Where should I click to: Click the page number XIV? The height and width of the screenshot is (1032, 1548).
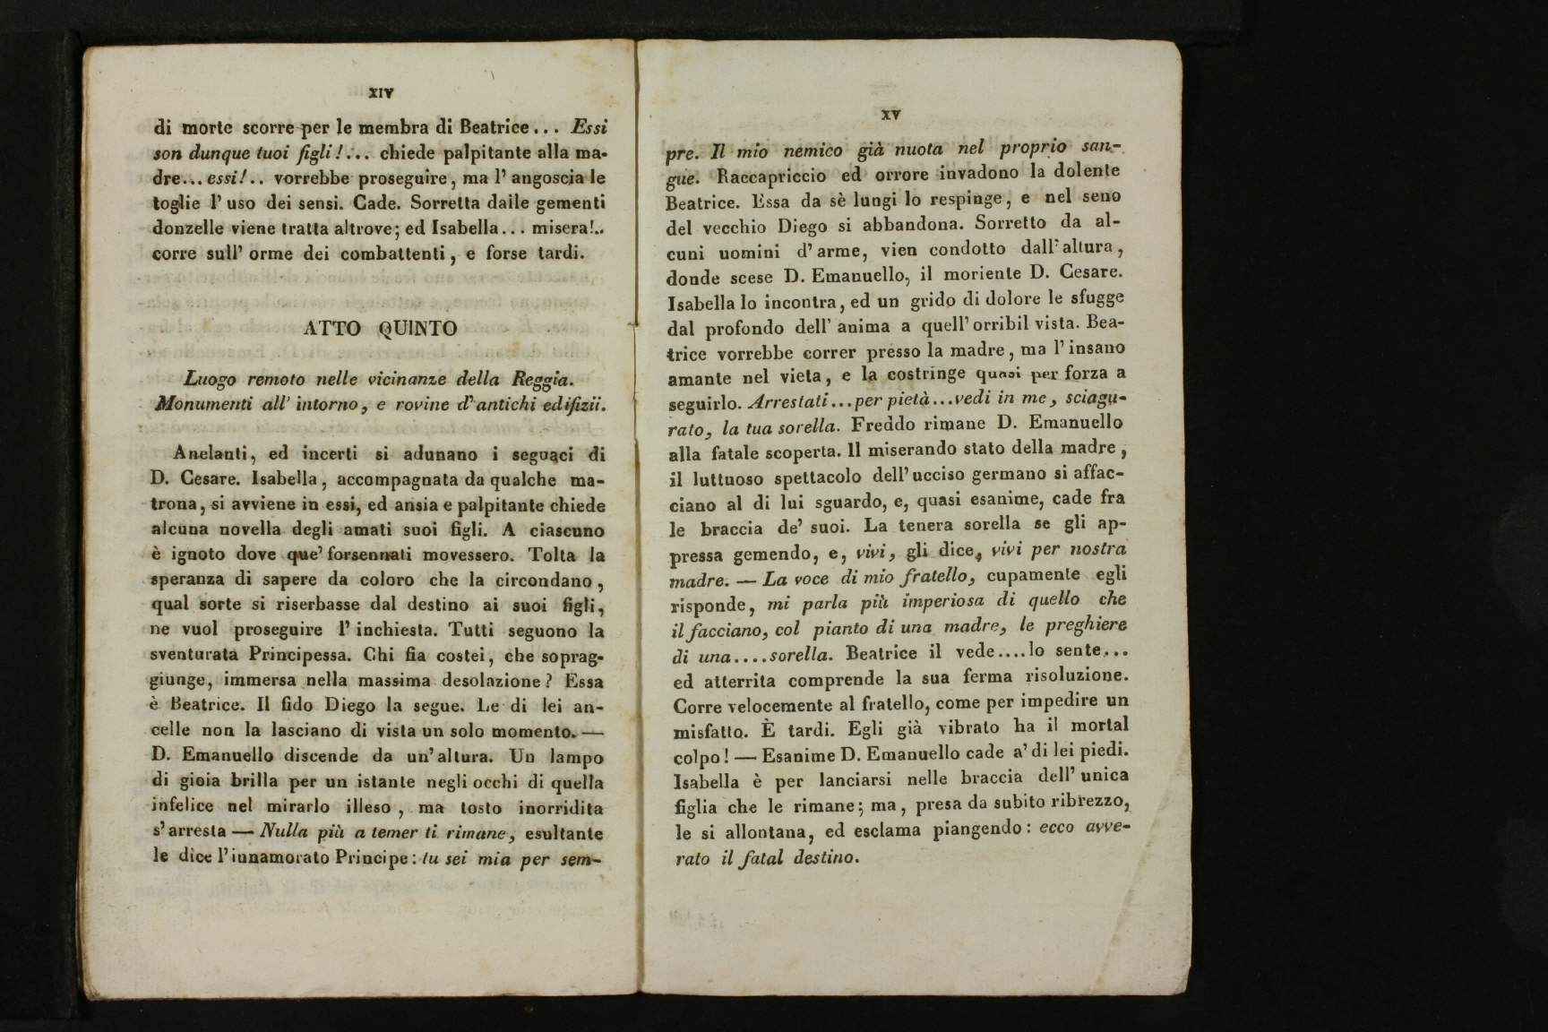[x=382, y=91]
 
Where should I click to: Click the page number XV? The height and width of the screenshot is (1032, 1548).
[x=890, y=114]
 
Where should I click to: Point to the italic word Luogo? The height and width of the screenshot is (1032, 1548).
[x=208, y=379]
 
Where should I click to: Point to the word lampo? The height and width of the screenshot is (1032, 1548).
[x=577, y=757]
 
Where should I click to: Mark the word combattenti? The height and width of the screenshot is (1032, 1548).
[x=387, y=254]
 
